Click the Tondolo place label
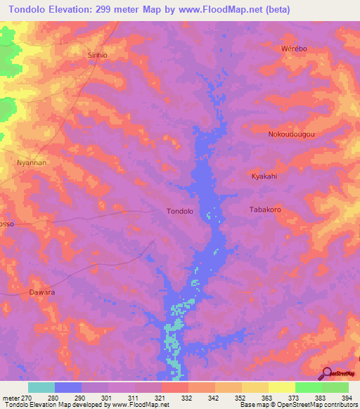coord(179,211)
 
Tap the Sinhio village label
coord(98,55)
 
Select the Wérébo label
coord(294,48)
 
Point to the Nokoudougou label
coord(290,134)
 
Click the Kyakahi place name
coord(264,176)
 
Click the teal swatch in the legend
coord(41,387)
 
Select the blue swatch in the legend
coord(68,387)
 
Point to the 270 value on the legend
coord(27,397)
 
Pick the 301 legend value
coord(109,397)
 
